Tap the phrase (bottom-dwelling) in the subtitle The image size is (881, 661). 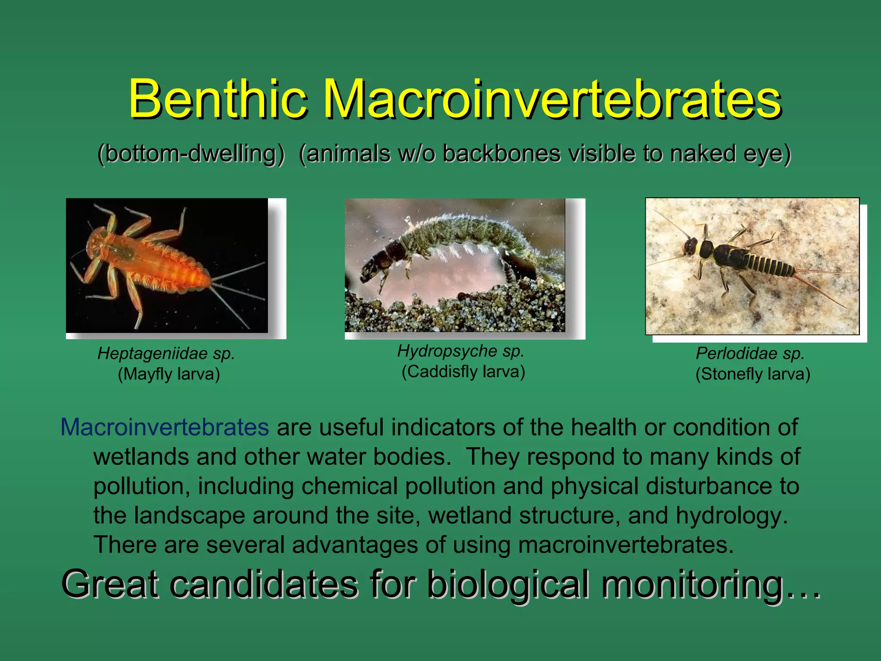(x=191, y=154)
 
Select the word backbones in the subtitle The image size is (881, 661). (x=502, y=154)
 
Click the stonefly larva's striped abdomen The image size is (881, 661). (x=770, y=264)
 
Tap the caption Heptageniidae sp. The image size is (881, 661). (x=166, y=354)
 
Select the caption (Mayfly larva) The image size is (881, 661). (x=169, y=374)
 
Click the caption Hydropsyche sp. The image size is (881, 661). (x=461, y=351)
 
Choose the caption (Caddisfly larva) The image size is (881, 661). (x=463, y=371)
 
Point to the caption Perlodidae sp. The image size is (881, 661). (x=750, y=354)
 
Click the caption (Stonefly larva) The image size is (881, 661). (x=753, y=374)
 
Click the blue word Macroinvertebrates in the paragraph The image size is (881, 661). (x=165, y=427)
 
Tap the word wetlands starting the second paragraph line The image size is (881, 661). (x=141, y=457)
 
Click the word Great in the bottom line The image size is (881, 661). (x=110, y=584)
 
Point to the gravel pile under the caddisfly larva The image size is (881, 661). (x=456, y=310)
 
